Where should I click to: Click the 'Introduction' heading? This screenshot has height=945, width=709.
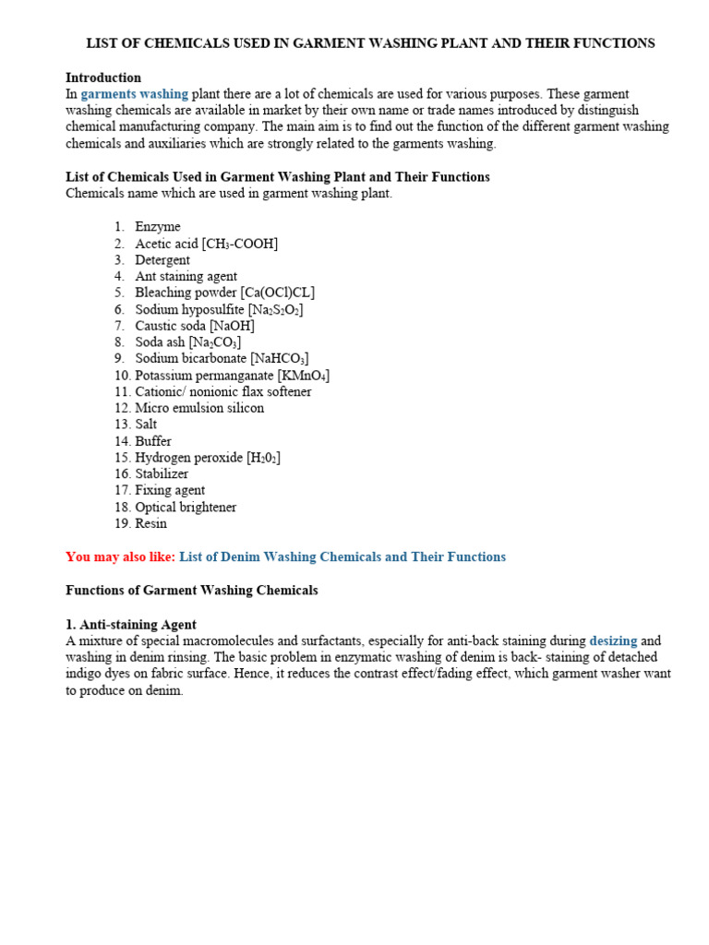click(103, 78)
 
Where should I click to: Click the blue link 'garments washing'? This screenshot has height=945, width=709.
click(135, 94)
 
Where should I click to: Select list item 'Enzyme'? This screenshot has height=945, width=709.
click(158, 227)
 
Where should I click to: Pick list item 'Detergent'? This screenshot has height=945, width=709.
click(162, 260)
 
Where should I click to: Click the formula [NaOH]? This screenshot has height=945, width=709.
click(232, 326)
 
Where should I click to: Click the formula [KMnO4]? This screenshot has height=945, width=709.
click(303, 376)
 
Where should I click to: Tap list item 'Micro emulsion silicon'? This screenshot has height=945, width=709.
click(199, 408)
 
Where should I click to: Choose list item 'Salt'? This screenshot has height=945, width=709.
click(146, 425)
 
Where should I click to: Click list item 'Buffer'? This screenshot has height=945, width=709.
click(153, 441)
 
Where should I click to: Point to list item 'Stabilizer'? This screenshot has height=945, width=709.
click(162, 473)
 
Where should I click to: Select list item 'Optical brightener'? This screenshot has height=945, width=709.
click(186, 507)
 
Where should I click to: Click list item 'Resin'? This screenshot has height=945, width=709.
click(151, 523)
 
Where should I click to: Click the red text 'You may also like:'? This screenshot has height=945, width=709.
click(120, 556)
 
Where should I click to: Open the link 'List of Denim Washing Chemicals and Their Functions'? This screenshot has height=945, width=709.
click(342, 556)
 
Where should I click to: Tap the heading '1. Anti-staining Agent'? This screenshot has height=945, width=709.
click(131, 625)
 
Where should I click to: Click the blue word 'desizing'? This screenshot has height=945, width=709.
click(613, 640)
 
